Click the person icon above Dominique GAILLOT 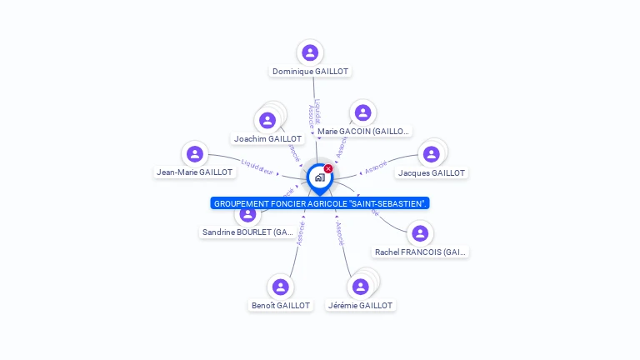(310, 52)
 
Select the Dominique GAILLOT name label (310, 72)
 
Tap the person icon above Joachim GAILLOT (267, 121)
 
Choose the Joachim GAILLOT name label (267, 138)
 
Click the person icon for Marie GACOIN (362, 112)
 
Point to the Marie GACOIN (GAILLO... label (363, 132)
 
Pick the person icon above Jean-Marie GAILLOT (195, 153)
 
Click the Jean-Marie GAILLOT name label (195, 172)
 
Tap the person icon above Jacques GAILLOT (431, 154)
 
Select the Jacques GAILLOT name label (432, 172)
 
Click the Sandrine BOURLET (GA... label (247, 232)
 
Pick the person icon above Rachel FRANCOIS (420, 232)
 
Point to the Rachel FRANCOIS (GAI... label (421, 252)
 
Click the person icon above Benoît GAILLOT (280, 287)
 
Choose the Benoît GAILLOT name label (281, 305)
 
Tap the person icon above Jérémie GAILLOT (360, 287)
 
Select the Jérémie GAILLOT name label (360, 305)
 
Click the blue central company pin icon (319, 177)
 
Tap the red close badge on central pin (328, 168)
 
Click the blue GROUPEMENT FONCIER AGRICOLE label (320, 202)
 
